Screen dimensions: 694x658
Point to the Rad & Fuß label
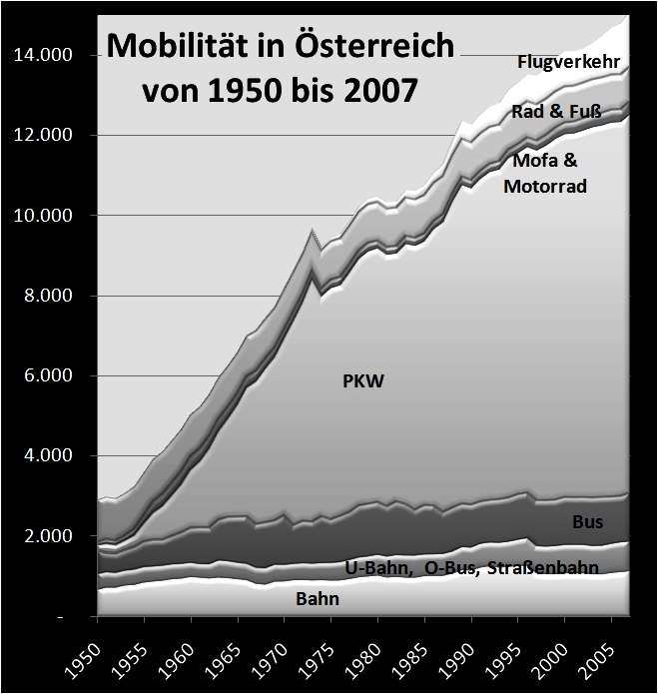click(556, 112)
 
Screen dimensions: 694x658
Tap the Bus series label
click(587, 521)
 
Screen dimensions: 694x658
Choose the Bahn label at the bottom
click(318, 600)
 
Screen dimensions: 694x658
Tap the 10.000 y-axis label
click(42, 216)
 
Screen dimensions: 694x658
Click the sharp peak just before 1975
click(314, 231)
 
